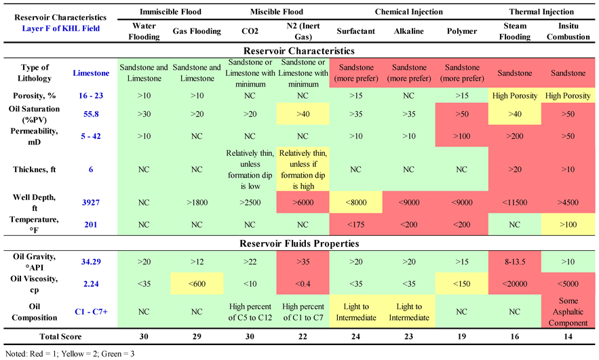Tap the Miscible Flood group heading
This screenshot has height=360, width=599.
pos(275,12)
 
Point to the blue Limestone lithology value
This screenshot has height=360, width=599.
pos(91,73)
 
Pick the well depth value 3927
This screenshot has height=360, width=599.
pos(91,201)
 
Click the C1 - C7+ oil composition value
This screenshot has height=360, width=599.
pos(91,311)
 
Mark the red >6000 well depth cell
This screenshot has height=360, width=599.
pos(301,201)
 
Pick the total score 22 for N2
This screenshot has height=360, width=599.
pos(301,337)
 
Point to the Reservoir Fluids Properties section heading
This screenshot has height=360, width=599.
pos(299,243)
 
